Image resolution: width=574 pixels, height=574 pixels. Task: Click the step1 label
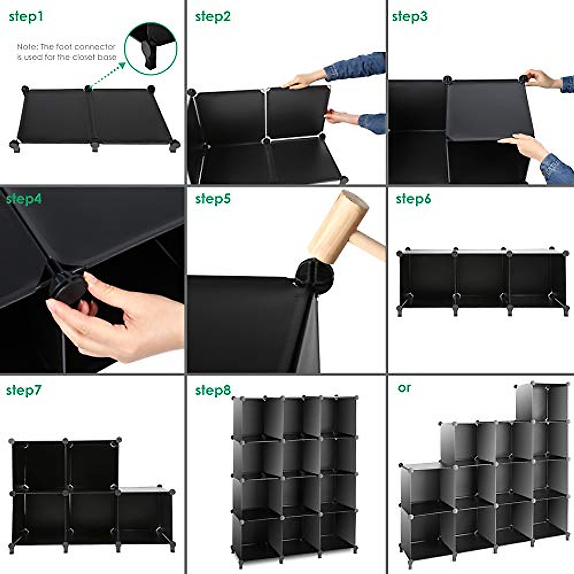pos(26,17)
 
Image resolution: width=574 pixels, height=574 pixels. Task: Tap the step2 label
pos(212,17)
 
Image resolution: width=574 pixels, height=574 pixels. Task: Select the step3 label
pos(409,17)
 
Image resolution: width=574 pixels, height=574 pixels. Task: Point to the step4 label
pos(24,199)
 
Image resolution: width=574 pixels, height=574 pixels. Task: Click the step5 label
pos(212,199)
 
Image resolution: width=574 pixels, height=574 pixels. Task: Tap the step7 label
pos(24,390)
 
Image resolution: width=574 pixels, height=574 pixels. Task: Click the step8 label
pos(212,390)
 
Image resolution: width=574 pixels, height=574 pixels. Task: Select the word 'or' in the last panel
pos(404,387)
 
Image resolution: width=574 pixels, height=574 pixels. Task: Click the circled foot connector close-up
pos(151,48)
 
